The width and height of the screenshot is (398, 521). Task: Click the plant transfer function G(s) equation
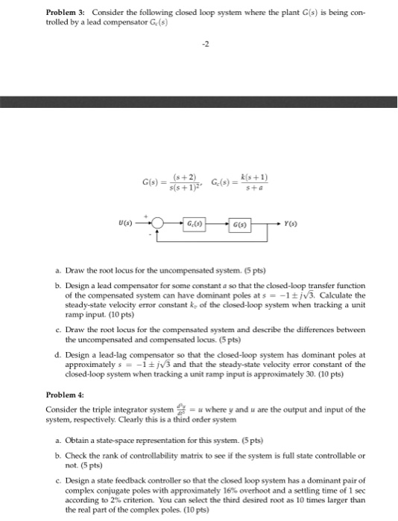pyautogui.click(x=169, y=182)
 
